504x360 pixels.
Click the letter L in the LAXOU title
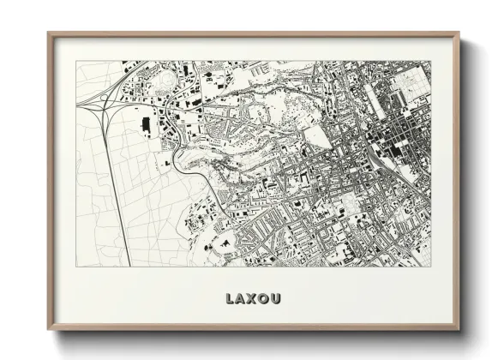tap(229, 299)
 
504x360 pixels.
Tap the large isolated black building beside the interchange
tap(145, 126)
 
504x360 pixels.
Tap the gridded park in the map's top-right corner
tap(412, 81)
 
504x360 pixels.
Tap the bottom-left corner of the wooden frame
tap(49, 329)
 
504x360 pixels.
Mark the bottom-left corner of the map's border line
tap(76, 266)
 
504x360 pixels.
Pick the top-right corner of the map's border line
tap(429, 61)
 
